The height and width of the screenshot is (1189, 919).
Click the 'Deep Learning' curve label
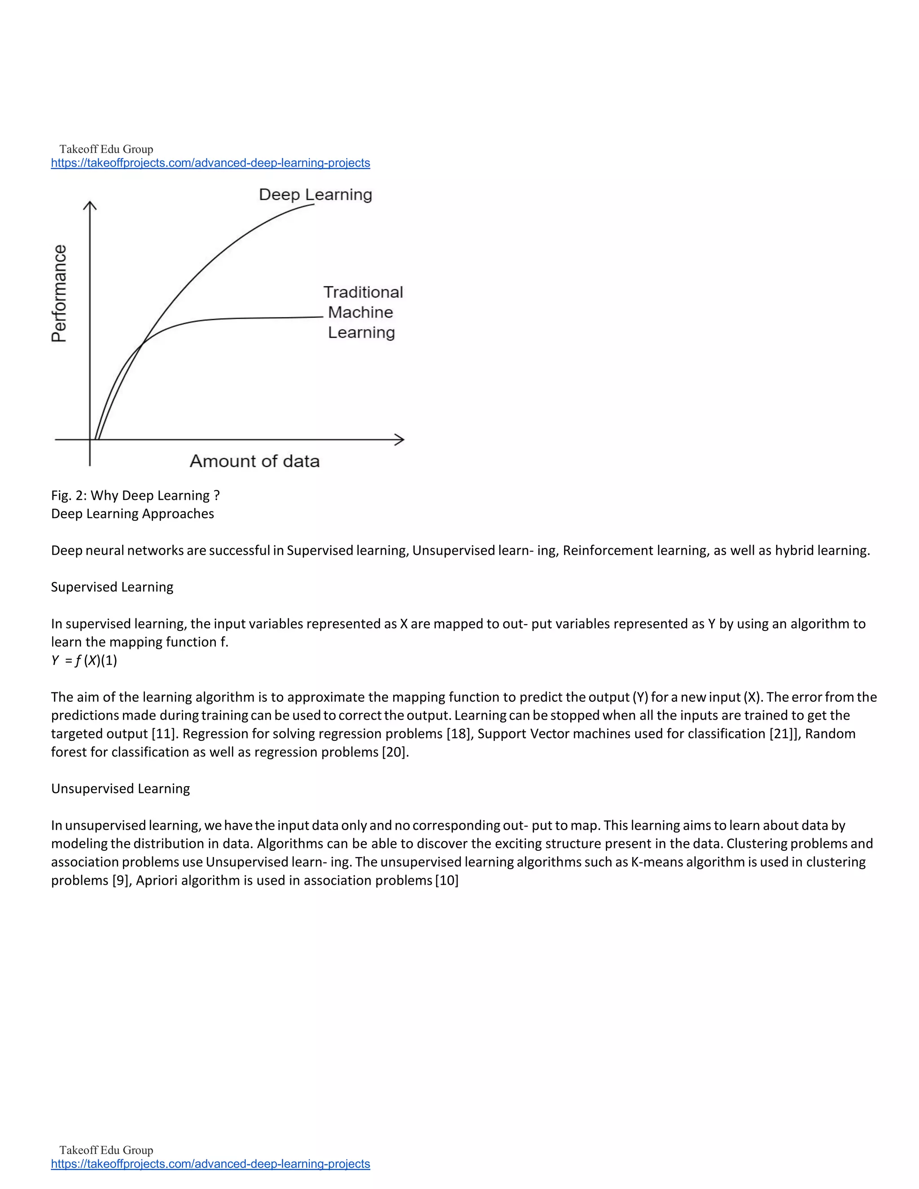[x=315, y=194]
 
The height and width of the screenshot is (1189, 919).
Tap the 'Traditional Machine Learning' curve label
[x=362, y=312]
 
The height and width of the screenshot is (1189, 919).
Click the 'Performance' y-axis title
[x=59, y=293]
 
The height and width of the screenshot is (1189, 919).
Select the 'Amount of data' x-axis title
[x=254, y=461]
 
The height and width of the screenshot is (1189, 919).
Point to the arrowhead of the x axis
[x=401, y=439]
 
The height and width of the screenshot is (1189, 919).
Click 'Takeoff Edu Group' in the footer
[x=106, y=1150]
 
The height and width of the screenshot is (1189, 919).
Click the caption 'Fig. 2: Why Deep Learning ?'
[x=135, y=495]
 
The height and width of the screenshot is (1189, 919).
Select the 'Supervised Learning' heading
[x=112, y=587]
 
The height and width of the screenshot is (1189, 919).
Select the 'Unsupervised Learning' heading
[x=120, y=788]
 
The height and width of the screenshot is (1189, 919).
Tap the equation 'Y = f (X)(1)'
[x=84, y=660]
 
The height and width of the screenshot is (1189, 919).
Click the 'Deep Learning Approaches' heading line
[x=132, y=513]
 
